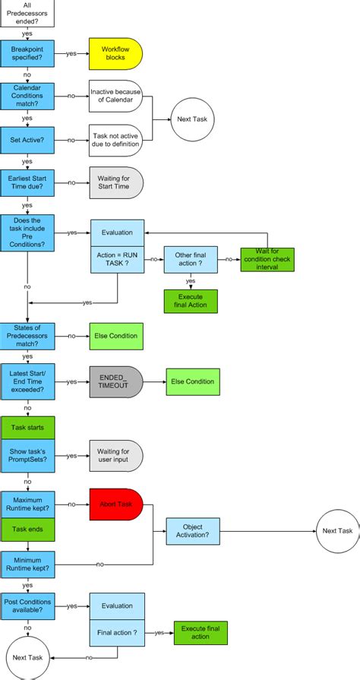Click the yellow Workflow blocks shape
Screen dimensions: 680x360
click(115, 54)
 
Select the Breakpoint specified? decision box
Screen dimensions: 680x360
click(27, 54)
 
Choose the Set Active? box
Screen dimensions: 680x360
click(27, 140)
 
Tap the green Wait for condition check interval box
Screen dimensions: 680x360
click(267, 259)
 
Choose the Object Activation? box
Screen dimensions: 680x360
click(193, 530)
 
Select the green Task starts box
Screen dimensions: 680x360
click(27, 426)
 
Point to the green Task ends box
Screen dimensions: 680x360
click(27, 530)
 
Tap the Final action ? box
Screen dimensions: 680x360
click(116, 631)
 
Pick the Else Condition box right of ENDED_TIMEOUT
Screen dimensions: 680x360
click(193, 381)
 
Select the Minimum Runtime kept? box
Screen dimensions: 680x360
click(27, 563)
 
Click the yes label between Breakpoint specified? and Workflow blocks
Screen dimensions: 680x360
click(71, 54)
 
